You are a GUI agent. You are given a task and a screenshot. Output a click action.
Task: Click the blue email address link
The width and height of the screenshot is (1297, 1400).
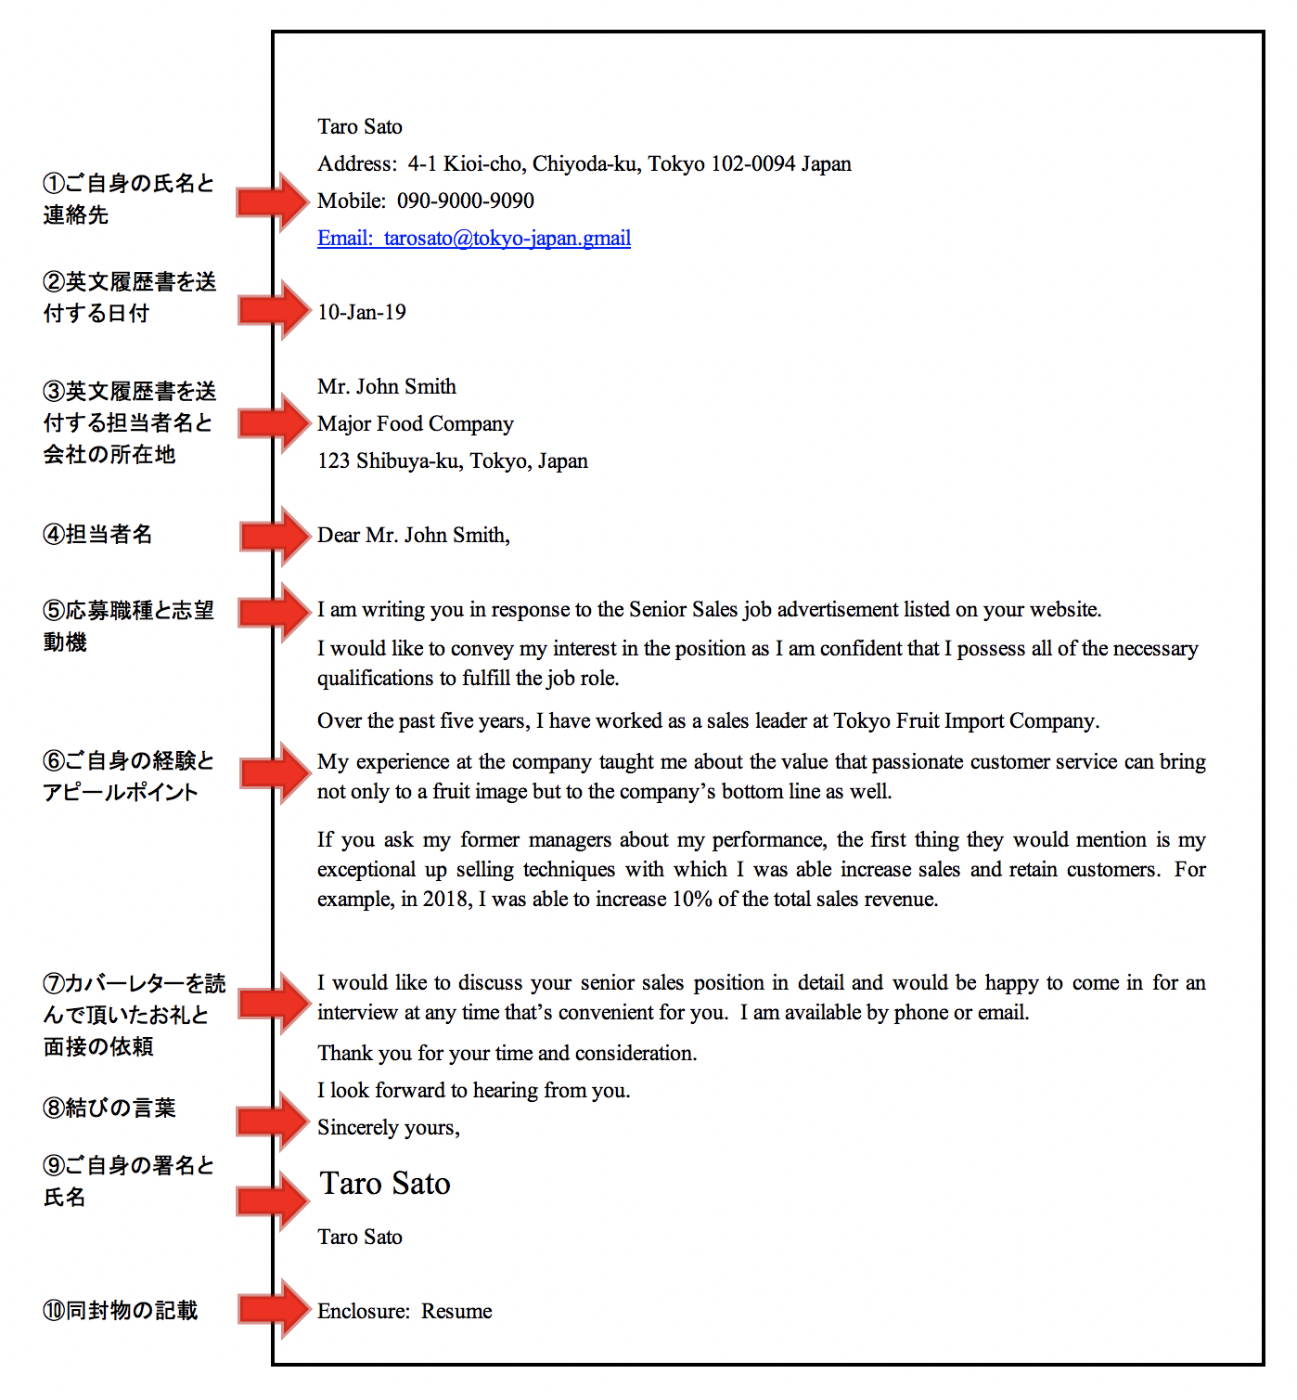[x=474, y=239]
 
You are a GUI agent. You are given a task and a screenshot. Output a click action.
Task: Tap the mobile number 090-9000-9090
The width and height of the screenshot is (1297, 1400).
[x=466, y=201]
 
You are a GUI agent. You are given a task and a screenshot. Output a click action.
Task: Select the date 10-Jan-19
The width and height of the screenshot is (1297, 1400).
[x=362, y=313]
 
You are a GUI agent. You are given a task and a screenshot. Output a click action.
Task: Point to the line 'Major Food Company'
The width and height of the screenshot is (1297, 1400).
[x=415, y=424]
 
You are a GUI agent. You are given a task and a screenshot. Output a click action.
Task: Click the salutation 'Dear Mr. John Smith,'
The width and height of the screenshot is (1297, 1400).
[x=414, y=536]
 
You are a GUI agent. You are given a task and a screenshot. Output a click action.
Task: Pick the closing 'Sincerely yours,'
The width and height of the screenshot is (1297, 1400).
[x=389, y=1128]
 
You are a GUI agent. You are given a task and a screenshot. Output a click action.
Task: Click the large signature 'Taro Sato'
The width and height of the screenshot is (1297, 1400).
[x=385, y=1184]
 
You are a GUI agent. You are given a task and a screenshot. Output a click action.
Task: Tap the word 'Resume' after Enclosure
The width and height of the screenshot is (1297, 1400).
[x=456, y=1312]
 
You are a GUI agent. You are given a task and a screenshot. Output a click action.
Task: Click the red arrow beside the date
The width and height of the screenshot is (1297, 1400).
[x=274, y=311]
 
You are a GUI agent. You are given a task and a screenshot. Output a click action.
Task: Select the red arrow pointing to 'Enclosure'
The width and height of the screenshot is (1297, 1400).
[x=274, y=1309]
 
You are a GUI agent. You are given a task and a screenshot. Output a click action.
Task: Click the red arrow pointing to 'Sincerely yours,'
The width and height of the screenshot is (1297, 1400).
[x=274, y=1121]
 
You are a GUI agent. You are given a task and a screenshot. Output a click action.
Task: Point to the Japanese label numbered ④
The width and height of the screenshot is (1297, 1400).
[x=97, y=535]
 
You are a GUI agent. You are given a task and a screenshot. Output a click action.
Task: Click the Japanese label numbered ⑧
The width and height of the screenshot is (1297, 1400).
[x=109, y=1108]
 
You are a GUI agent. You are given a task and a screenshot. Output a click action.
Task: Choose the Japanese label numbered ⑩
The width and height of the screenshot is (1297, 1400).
[x=121, y=1311]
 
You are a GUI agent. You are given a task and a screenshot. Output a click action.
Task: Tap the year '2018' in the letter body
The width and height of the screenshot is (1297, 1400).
[x=445, y=900]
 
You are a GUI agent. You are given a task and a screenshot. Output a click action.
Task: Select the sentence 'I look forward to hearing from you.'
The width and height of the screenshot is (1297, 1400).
[x=473, y=1091]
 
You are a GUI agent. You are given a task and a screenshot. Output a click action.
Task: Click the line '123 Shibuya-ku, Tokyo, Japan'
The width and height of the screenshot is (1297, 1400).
[x=453, y=461]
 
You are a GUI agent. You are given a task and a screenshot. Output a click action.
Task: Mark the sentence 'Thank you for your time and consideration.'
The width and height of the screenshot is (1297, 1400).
[x=507, y=1054]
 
